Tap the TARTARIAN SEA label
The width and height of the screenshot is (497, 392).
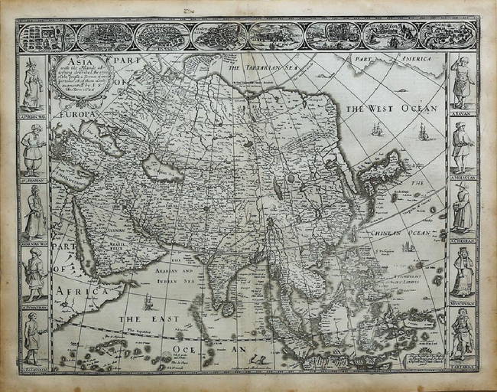pos(259,68)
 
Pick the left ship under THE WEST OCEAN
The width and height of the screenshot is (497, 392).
pos(377,130)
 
